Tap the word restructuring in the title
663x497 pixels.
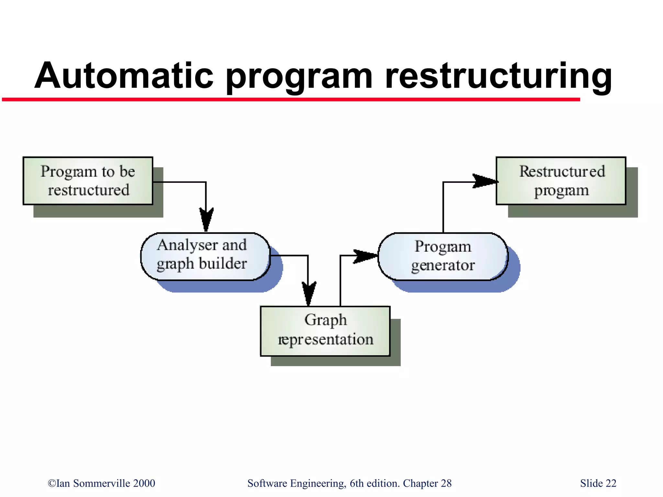498,76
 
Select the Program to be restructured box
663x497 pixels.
88,181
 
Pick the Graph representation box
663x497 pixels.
325,331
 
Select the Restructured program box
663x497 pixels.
561,181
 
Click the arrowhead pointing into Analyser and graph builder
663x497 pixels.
206,220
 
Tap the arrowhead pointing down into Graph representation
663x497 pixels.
309,293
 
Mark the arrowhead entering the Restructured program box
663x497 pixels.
485,181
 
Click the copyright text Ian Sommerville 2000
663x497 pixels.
102,483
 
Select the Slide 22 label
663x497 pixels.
598,483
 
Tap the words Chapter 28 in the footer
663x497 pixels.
427,483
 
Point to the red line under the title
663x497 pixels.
291,99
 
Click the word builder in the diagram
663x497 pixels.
223,263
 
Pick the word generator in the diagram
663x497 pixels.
443,266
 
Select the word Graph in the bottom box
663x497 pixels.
325,320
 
